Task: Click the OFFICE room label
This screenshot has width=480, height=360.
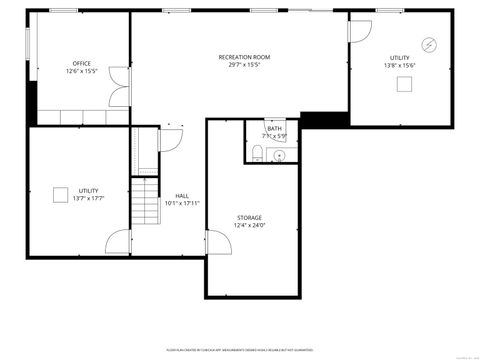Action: [81, 63]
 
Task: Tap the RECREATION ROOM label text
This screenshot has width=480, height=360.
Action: [245, 57]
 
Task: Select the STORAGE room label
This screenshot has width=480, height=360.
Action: [250, 217]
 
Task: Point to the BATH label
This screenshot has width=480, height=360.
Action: [274, 128]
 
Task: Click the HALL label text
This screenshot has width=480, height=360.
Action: [182, 196]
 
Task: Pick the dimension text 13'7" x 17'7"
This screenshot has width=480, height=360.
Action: [88, 198]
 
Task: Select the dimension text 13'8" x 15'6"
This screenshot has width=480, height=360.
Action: [400, 66]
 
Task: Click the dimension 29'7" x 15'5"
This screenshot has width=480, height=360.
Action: [245, 65]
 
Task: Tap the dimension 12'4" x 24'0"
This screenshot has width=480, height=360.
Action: [250, 225]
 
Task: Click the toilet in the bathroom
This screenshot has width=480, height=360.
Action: [258, 152]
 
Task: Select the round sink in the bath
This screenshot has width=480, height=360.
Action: [279, 155]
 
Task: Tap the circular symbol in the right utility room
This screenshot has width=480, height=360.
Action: [429, 44]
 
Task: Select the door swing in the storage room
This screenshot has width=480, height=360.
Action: [214, 240]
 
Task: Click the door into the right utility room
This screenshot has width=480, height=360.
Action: [359, 29]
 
